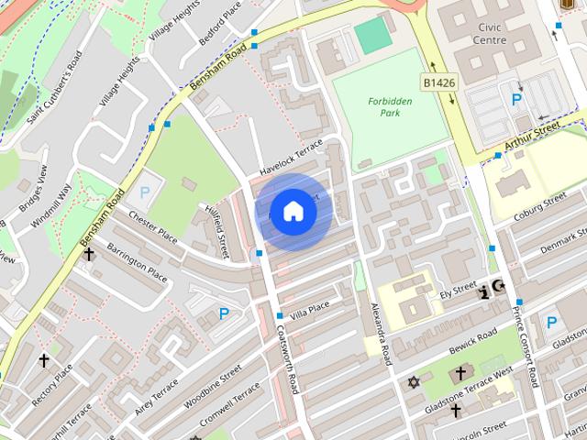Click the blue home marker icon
293,211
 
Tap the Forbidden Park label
390,107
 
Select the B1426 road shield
438,83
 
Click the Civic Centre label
490,33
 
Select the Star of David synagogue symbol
413,381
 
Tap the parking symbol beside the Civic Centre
516,99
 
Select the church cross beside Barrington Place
89,253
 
